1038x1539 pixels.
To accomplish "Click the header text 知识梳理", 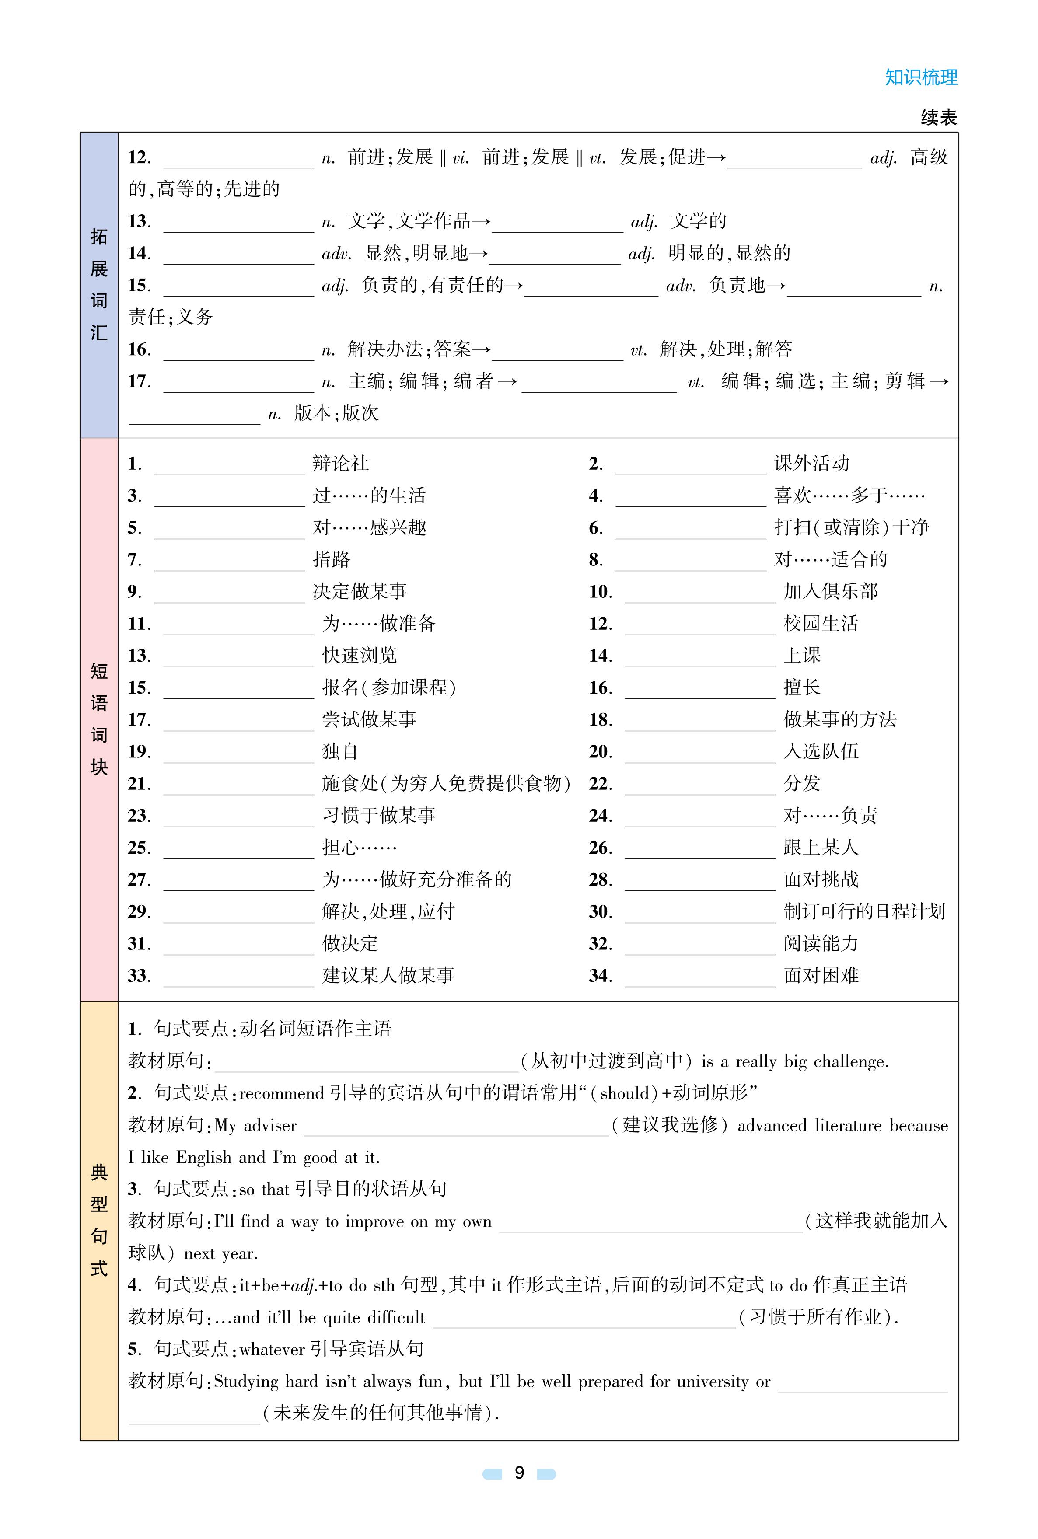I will (921, 77).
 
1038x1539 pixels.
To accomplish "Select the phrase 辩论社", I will (340, 463).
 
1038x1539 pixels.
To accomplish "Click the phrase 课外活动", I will (811, 463).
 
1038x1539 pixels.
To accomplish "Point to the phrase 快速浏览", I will (360, 655).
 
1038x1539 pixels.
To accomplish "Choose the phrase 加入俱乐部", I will (830, 591).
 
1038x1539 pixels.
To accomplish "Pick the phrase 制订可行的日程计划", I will (864, 911).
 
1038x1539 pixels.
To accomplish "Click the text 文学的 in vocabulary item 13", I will (699, 221).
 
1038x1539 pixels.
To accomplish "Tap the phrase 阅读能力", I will (821, 943).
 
